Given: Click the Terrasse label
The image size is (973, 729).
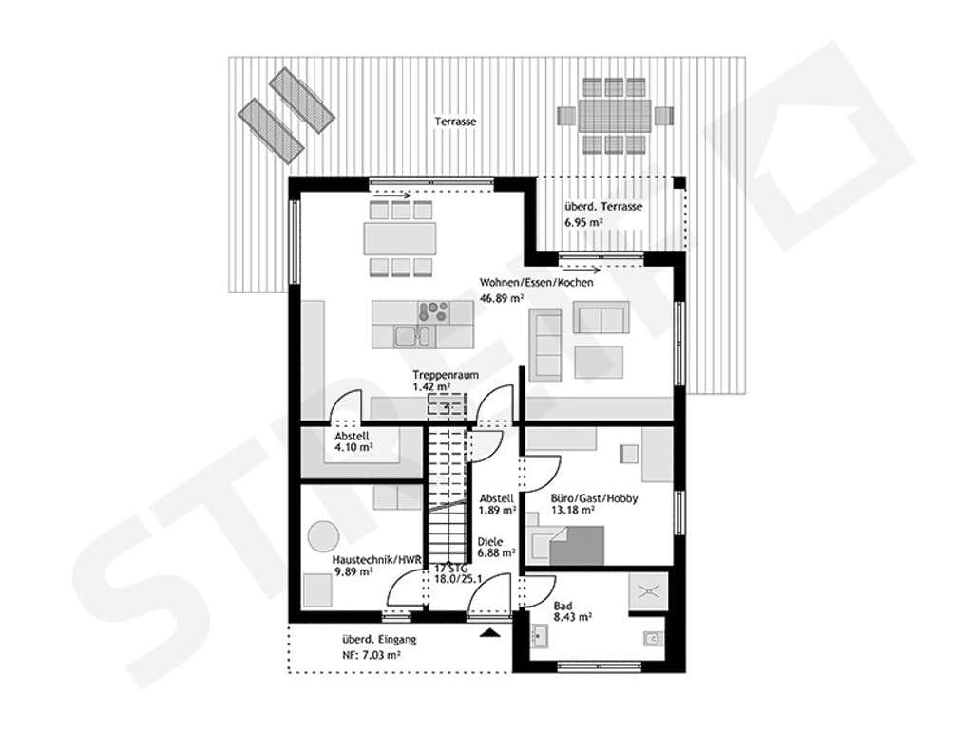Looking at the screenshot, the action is [455, 121].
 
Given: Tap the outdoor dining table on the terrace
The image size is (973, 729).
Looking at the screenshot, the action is [615, 116].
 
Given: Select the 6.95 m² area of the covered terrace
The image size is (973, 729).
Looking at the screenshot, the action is [584, 222].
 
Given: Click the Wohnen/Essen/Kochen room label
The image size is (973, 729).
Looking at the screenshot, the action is [536, 283].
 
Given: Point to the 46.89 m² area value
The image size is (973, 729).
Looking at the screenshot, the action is [502, 298].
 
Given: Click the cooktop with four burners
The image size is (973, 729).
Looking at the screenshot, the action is [433, 311].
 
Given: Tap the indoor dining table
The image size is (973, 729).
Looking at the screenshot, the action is [400, 238].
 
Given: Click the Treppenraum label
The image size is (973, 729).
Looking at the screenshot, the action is [446, 375].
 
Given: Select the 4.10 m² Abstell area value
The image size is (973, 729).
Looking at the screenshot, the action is [353, 447].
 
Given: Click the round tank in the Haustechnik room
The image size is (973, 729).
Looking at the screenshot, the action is [324, 536].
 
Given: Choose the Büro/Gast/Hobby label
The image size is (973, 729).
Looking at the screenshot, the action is [594, 498].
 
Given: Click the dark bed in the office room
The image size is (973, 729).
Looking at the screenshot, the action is [577, 546].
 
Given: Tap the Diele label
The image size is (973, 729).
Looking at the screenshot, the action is [489, 542].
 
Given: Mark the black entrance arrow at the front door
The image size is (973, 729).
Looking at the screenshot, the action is [490, 633].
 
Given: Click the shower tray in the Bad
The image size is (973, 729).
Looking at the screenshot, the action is [648, 590].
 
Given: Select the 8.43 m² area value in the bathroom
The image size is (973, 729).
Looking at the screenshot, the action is [572, 617].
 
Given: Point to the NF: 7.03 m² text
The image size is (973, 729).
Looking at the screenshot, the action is [372, 654].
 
